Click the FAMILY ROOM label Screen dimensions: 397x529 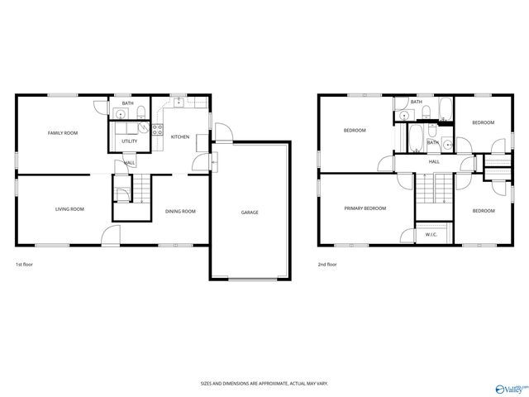pos(63,132)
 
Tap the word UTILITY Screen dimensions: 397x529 pos(129,141)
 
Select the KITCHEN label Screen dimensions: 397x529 pos(180,136)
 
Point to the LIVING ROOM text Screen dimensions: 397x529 pos(69,209)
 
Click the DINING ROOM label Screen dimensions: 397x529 pos(180,212)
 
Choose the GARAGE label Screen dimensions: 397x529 pos(250,213)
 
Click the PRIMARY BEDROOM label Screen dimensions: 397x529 pos(365,208)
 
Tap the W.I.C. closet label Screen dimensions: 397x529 pos(431,234)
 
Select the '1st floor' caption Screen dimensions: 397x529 pos(24,265)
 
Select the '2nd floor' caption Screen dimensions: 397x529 pos(327,265)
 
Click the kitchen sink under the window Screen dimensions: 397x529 pos(178,103)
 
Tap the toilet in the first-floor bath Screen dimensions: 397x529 pos(141,112)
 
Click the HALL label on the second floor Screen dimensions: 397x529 pos(434,162)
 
